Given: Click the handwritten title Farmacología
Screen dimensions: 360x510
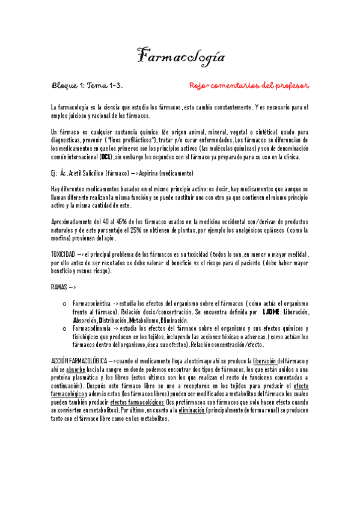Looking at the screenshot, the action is pos(180,57).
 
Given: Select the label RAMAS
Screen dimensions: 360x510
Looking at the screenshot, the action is pos(59,287).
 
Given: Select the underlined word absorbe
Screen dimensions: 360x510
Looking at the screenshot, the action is pos(76,369).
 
